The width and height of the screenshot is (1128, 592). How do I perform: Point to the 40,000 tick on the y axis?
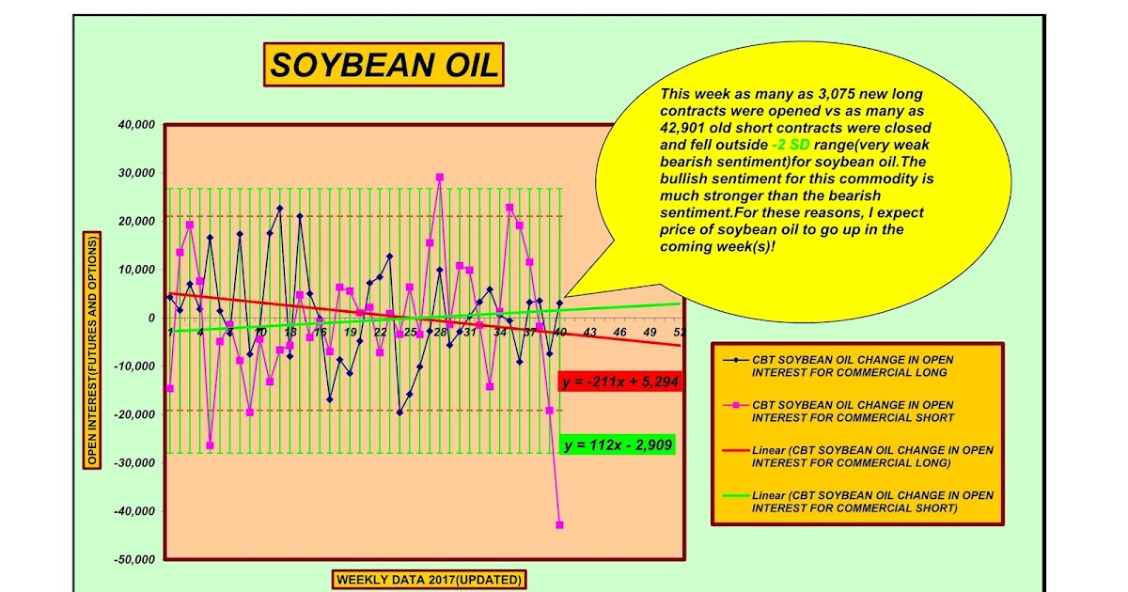click(134, 124)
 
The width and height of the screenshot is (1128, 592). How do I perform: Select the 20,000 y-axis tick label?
click(134, 221)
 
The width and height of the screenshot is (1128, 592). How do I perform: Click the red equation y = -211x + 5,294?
click(619, 382)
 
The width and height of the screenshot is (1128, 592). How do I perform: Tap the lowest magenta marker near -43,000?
click(559, 524)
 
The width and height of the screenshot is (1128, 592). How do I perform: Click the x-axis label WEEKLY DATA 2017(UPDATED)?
click(429, 580)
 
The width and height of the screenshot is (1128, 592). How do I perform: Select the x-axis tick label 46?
click(619, 333)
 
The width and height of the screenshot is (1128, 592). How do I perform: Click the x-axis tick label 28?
click(440, 333)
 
